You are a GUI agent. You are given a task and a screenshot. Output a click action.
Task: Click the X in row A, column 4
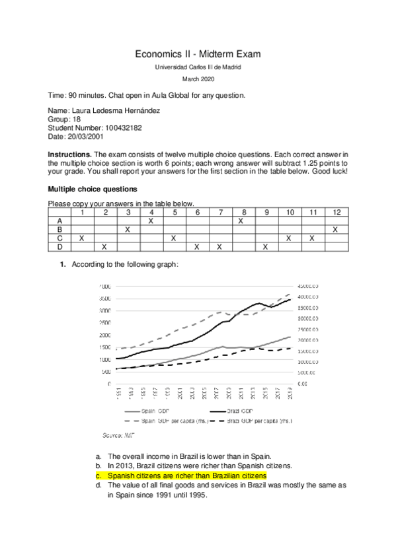(151, 221)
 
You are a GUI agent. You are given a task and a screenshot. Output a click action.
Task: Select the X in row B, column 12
(336, 229)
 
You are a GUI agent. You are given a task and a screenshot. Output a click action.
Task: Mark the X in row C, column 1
(81, 238)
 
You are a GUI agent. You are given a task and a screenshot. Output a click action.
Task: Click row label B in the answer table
(59, 229)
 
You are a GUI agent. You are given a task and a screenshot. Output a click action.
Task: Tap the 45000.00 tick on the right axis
(308, 287)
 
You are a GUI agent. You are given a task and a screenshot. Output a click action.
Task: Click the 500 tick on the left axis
(106, 372)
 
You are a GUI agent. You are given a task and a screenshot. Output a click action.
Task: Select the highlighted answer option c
(186, 475)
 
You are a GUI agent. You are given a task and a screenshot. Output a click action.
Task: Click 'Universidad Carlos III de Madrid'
(198, 67)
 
